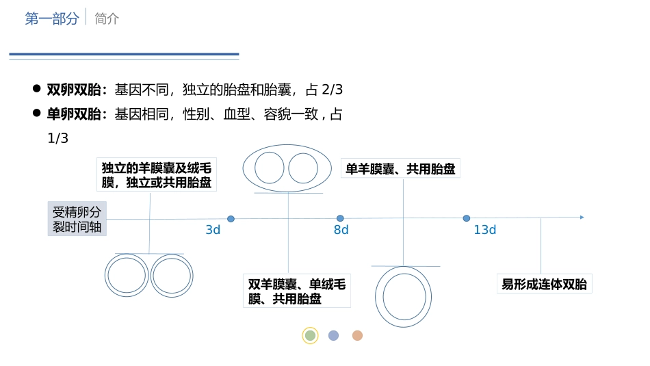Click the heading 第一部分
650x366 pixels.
click(52, 19)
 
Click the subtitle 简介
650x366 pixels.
click(107, 19)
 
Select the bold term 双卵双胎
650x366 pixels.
click(75, 90)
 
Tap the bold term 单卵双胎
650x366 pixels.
click(75, 114)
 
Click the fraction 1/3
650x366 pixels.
click(58, 138)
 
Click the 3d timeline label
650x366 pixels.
click(213, 230)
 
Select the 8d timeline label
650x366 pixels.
click(341, 230)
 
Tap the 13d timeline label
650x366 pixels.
click(484, 230)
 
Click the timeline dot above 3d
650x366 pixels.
click(231, 219)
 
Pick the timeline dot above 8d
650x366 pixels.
click(340, 218)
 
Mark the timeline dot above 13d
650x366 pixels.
click(467, 218)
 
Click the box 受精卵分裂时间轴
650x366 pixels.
click(77, 219)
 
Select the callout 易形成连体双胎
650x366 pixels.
click(544, 284)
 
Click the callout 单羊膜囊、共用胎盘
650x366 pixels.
click(400, 168)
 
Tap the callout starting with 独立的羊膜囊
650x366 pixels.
click(156, 175)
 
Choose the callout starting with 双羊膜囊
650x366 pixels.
click(296, 291)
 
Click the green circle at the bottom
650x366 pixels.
click(310, 335)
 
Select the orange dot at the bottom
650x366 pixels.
click(357, 335)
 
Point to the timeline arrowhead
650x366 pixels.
click(582, 218)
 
